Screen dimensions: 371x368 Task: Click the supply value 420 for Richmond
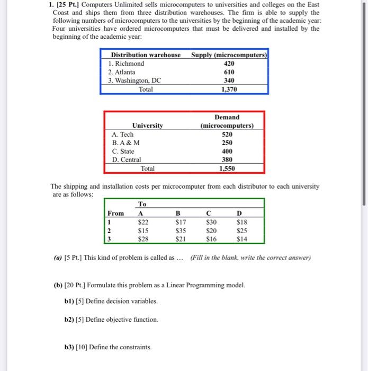click(x=229, y=64)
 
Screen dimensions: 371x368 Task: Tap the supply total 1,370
click(x=229, y=90)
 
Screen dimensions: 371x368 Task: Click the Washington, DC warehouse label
click(x=134, y=81)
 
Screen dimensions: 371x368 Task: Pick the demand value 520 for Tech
click(x=227, y=135)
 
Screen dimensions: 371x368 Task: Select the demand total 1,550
click(x=227, y=169)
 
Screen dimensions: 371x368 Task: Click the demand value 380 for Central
click(x=227, y=160)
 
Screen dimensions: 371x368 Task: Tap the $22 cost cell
click(x=142, y=222)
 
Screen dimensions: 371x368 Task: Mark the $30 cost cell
click(x=211, y=222)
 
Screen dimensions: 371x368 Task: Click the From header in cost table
click(x=116, y=213)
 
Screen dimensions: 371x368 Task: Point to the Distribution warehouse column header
click(x=145, y=55)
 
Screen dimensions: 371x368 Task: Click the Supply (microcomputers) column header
click(x=229, y=55)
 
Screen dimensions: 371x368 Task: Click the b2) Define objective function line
click(x=111, y=320)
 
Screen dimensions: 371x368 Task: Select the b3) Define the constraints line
click(x=107, y=347)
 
